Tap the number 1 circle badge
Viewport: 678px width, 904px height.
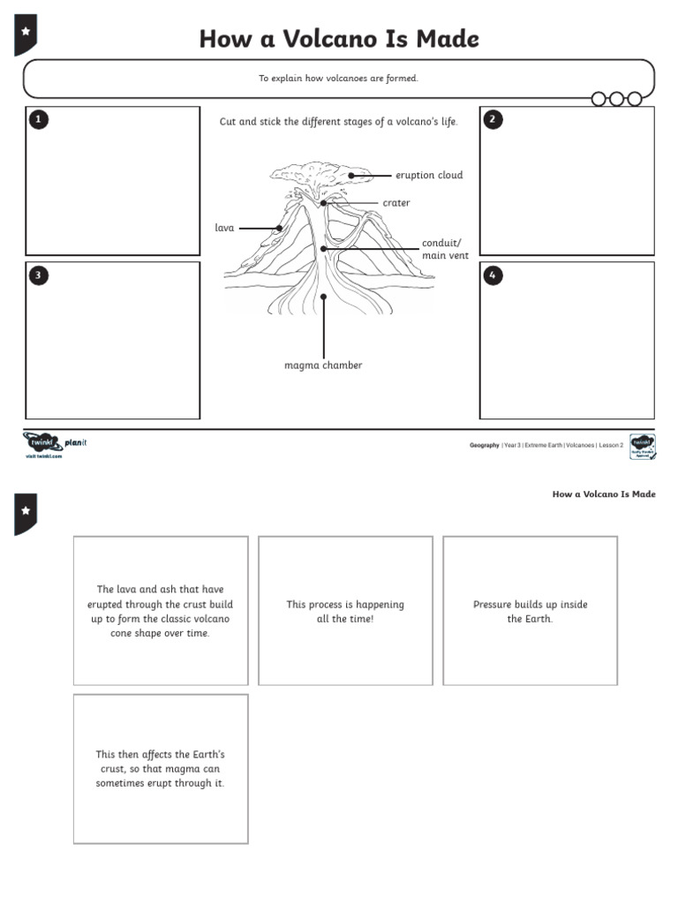pyautogui.click(x=38, y=120)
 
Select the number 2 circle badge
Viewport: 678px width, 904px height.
pyautogui.click(x=493, y=120)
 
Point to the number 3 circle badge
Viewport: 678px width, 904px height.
pyautogui.click(x=38, y=275)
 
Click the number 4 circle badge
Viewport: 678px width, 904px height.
pyautogui.click(x=493, y=275)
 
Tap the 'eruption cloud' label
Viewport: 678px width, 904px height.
pyautogui.click(x=429, y=175)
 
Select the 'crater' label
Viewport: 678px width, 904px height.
pyautogui.click(x=395, y=203)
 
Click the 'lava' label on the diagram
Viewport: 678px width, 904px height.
pyautogui.click(x=224, y=228)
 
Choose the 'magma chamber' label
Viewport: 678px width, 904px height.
pyautogui.click(x=323, y=365)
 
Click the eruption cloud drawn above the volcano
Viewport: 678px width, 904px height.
pyautogui.click(x=318, y=174)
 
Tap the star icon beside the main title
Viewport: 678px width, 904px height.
pyautogui.click(x=26, y=32)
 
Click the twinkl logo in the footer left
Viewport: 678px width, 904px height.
pyautogui.click(x=41, y=442)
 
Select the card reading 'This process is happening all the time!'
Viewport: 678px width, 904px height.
pyautogui.click(x=345, y=611)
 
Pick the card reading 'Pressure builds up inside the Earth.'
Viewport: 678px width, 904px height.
pyautogui.click(x=530, y=611)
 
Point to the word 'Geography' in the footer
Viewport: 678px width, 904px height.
pyautogui.click(x=484, y=446)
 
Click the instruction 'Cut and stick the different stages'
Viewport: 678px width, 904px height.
pyautogui.click(x=339, y=122)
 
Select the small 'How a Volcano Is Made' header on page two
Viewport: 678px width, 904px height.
pyautogui.click(x=604, y=494)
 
